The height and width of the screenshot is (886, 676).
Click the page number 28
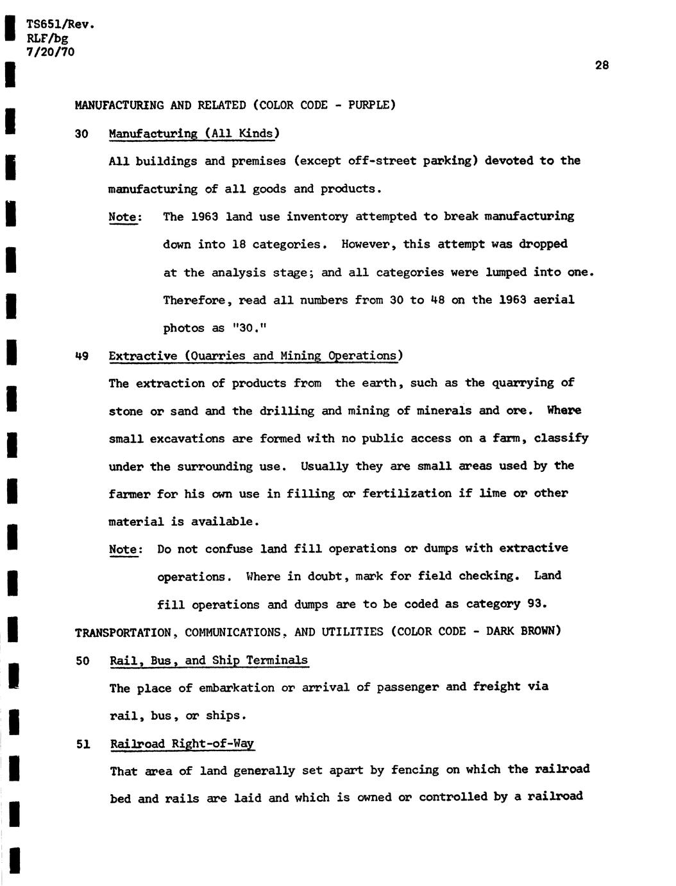pyautogui.click(x=602, y=65)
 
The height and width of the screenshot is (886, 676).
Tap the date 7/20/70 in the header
pyautogui.click(x=51, y=51)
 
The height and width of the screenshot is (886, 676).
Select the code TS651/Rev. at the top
pyautogui.click(x=60, y=25)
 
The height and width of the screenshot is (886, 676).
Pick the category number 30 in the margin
pyautogui.click(x=81, y=134)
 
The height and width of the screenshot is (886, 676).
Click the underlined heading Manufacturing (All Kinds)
pyautogui.click(x=194, y=134)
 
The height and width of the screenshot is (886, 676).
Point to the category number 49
pyautogui.click(x=81, y=356)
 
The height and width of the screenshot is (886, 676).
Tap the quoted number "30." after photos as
pyautogui.click(x=248, y=328)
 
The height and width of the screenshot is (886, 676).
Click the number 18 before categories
pyautogui.click(x=239, y=245)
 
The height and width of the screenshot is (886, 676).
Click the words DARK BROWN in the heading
pyautogui.click(x=521, y=631)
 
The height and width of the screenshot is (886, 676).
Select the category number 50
pyautogui.click(x=82, y=661)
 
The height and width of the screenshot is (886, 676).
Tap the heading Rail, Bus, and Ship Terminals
pyautogui.click(x=209, y=660)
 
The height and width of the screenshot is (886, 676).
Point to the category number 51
pyautogui.click(x=82, y=744)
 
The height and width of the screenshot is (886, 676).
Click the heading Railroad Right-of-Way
pyautogui.click(x=182, y=743)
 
